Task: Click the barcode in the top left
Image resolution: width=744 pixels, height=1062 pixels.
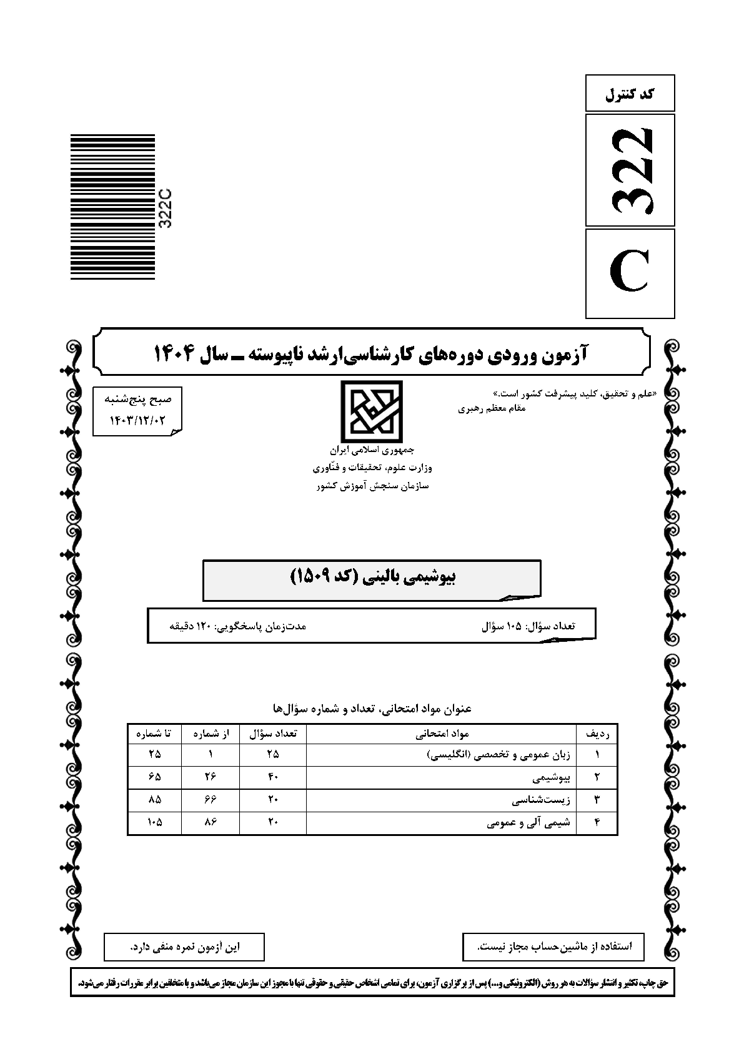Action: [x=112, y=207]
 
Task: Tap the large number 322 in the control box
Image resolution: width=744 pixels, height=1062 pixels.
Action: [x=631, y=169]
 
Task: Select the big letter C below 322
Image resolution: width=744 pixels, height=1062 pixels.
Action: [x=630, y=273]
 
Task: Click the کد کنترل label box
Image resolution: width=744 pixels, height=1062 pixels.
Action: [x=630, y=94]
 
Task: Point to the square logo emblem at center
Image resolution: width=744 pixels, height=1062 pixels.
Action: [x=371, y=412]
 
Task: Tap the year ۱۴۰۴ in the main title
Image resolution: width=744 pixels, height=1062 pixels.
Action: [x=176, y=354]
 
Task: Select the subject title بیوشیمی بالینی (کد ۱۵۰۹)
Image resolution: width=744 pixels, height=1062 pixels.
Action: [x=373, y=576]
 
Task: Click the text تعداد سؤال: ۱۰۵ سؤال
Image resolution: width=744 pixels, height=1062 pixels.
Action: [x=528, y=625]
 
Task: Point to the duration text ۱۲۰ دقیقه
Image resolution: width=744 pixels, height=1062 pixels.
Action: [x=237, y=625]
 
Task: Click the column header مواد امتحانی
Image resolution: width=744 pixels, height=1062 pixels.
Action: [x=442, y=734]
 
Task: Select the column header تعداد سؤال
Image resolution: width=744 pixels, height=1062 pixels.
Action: [x=273, y=734]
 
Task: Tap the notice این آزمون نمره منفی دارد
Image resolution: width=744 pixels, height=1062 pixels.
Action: [x=184, y=947]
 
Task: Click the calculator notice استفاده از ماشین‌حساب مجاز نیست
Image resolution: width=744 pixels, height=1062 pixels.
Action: [x=553, y=947]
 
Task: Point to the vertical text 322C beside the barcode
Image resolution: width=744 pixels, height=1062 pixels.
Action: [x=166, y=208]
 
